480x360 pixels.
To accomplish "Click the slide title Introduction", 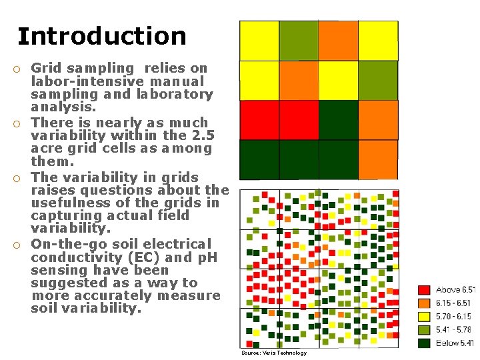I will tap(102, 36).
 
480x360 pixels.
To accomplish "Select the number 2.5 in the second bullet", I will tap(193, 135).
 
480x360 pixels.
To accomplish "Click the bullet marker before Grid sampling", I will tap(22, 68).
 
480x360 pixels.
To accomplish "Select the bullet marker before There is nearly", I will tap(22, 123).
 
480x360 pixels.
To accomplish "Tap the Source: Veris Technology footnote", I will tap(273, 353).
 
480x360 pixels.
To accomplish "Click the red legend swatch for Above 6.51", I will tap(424, 290).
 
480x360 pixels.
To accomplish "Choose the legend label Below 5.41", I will tap(456, 343).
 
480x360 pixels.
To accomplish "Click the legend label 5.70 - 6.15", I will tap(456, 317).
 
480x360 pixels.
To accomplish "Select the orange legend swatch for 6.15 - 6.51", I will tap(424, 303).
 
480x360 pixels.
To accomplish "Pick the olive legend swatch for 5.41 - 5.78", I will tap(424, 330).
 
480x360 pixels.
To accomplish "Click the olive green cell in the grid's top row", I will tap(299, 41).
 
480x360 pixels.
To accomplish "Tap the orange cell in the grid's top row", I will tap(338, 41).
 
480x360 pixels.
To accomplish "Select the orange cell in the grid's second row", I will tap(299, 80).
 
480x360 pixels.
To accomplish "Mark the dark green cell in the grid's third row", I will tap(338, 120).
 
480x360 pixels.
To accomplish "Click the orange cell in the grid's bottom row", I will tap(378, 160).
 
